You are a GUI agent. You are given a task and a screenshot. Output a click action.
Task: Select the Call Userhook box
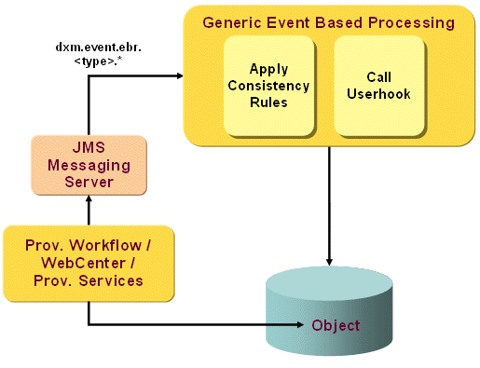click(372, 86)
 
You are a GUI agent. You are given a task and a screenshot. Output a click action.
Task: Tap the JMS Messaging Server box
click(89, 165)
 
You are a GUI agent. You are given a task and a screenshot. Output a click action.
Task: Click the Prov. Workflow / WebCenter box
click(89, 263)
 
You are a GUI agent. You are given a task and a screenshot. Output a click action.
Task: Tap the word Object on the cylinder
click(336, 325)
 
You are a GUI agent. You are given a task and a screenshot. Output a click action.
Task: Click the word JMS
click(89, 148)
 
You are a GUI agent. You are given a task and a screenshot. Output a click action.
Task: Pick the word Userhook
click(372, 94)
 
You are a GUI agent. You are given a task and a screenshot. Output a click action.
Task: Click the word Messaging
click(89, 165)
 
